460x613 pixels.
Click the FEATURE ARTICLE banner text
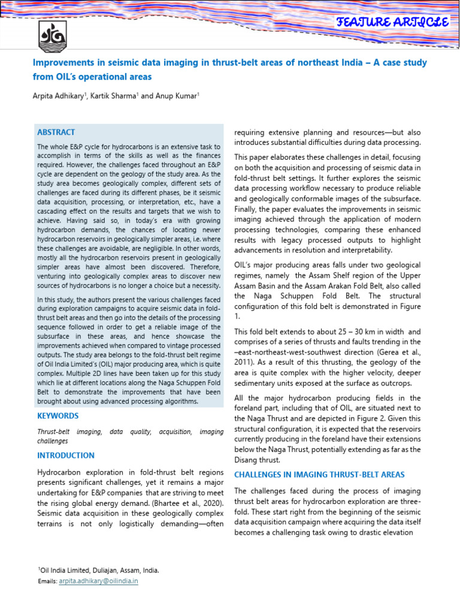[x=393, y=23]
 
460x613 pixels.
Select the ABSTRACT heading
[x=56, y=132]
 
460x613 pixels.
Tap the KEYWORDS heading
[x=57, y=416]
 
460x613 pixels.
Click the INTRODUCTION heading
[x=66, y=456]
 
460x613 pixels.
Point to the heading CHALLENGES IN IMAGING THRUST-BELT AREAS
[x=319, y=475]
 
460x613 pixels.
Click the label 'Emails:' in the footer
[x=47, y=581]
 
